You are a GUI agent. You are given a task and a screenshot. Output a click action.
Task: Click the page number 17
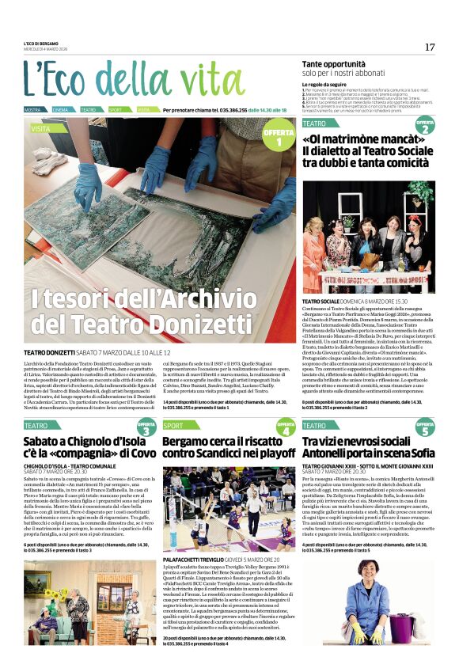430,47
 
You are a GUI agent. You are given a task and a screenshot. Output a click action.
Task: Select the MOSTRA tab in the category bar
33,109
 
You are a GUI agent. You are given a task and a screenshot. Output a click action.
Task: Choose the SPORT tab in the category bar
116,109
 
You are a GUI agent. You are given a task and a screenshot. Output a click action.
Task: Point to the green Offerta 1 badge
279,137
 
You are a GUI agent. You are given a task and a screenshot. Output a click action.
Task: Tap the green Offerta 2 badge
425,127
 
